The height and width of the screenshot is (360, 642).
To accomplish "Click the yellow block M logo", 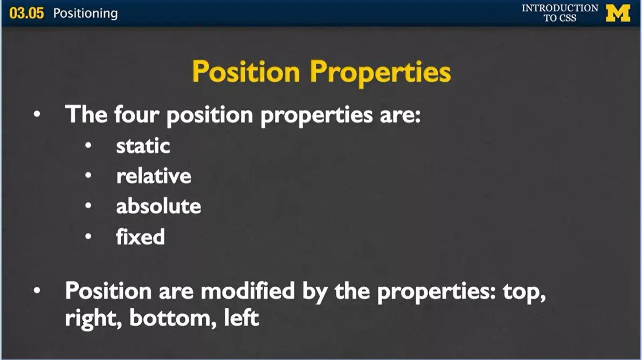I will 618,13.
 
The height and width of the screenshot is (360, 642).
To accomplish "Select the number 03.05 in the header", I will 26,13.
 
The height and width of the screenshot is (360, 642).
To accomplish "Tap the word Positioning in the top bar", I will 85,13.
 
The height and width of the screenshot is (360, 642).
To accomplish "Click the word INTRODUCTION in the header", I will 560,8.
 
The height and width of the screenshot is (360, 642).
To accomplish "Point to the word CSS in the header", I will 568,18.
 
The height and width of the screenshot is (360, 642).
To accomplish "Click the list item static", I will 143,146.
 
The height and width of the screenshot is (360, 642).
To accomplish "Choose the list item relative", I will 154,176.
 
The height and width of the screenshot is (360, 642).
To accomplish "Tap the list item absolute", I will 158,206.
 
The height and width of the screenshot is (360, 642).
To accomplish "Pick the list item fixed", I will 140,237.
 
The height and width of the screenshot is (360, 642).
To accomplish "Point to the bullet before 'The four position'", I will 37,115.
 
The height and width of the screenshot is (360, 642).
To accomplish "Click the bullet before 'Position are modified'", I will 37,291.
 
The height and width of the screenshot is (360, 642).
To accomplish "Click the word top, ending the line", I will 523,292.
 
